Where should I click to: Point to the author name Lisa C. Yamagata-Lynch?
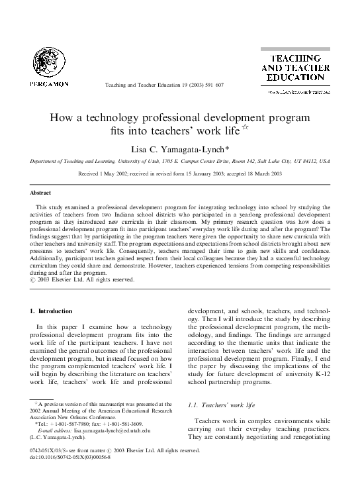click(x=181, y=149)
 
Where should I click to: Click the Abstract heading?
click(x=40, y=193)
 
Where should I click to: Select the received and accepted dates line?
click(x=180, y=173)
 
